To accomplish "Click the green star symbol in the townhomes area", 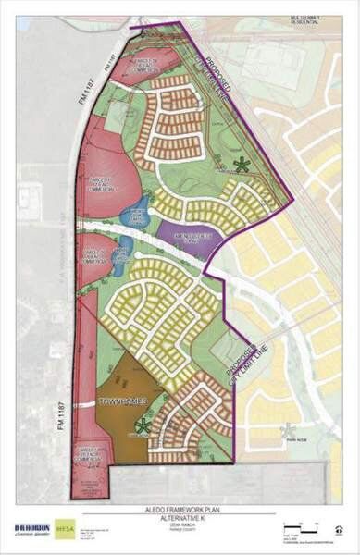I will (143, 426).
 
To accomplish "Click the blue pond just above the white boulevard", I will (139, 213).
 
